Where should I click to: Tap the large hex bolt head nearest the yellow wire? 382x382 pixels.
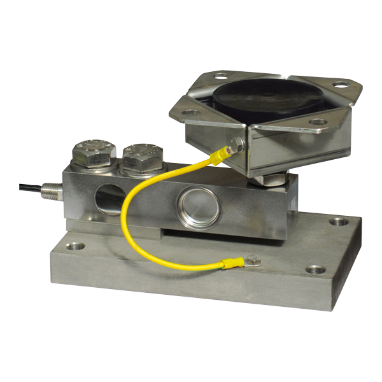pos(143,155)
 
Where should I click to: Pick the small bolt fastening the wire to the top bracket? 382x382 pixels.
pos(237,143)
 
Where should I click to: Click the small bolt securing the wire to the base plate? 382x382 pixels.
pos(254,260)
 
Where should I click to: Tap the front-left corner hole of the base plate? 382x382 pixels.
pos(76,244)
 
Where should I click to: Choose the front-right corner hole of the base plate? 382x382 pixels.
pos(314,269)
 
